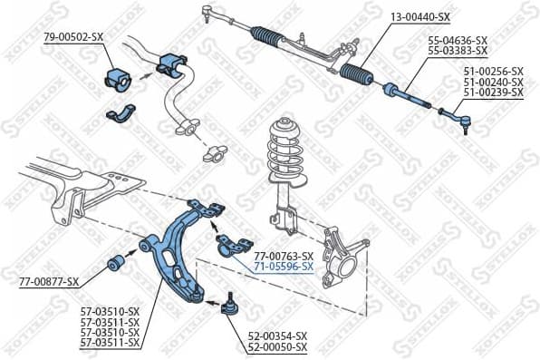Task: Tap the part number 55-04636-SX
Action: point(457,41)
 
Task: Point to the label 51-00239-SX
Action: point(493,92)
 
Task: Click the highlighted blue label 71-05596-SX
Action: point(284,267)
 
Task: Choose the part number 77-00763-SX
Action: point(284,256)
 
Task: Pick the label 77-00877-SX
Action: point(49,282)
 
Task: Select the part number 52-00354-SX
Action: point(277,336)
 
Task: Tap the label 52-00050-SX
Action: point(277,347)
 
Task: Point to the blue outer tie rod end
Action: point(453,115)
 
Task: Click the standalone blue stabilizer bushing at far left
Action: point(119,76)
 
